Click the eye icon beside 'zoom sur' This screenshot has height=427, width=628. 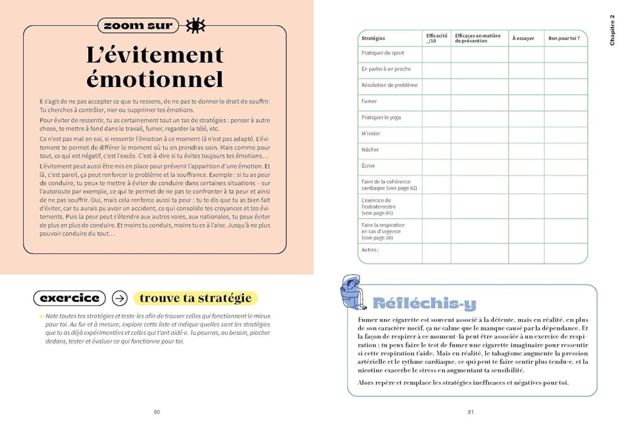(196, 25)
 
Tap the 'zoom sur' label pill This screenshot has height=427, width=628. (139, 25)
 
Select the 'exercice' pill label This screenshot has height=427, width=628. (69, 298)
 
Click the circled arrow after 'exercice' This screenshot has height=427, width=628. (120, 298)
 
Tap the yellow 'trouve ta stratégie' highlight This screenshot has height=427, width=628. (196, 298)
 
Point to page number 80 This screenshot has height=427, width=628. (156, 412)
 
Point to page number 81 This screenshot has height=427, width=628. (471, 412)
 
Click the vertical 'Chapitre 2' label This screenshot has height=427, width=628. (612, 29)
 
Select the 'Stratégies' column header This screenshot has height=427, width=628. (373, 38)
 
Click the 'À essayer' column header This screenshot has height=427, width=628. (523, 38)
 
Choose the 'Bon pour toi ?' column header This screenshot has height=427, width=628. (564, 38)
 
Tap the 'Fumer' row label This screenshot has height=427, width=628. (369, 101)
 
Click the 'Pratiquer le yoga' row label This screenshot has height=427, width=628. (381, 117)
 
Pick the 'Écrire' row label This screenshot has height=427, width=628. (369, 166)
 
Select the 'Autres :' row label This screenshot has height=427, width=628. (370, 250)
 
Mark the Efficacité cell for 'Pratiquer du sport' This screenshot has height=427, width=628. (436, 53)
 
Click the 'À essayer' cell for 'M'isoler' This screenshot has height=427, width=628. (526, 134)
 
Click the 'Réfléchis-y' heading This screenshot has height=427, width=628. (424, 303)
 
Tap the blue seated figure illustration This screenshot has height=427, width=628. (354, 292)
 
